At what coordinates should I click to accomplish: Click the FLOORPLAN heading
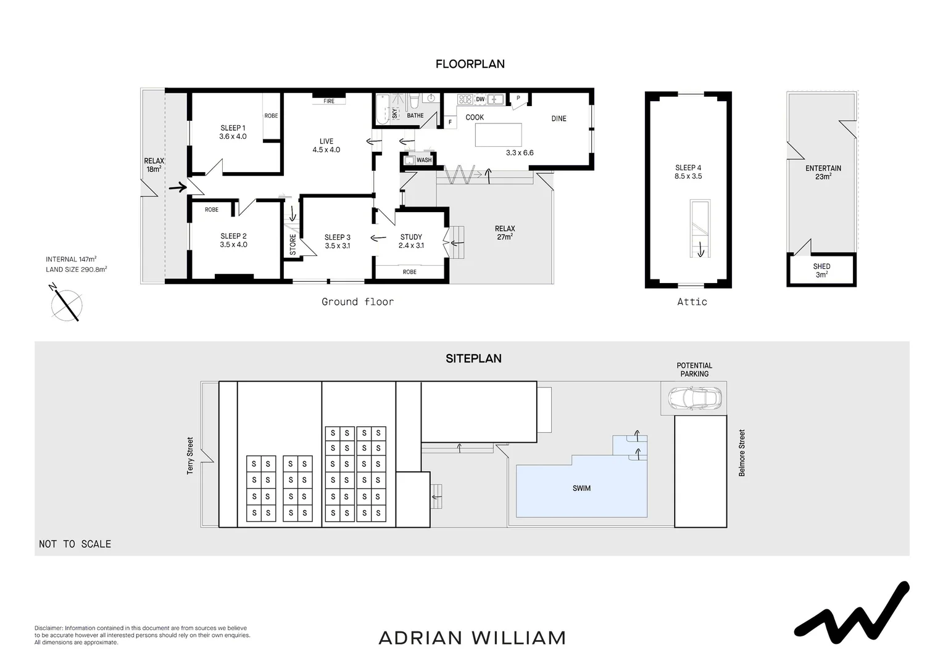470,64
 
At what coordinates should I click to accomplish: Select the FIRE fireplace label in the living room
329,101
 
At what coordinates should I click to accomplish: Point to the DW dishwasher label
480,99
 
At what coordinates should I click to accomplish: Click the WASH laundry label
424,160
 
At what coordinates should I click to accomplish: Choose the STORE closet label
293,244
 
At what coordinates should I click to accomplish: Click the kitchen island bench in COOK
498,135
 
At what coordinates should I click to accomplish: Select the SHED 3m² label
821,271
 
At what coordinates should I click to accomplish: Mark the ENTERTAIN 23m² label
823,172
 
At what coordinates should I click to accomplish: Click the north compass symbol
66,303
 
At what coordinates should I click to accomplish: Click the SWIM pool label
581,488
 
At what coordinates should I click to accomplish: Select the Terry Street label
190,456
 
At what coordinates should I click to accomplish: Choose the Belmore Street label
742,453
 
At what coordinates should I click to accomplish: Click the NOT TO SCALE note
75,544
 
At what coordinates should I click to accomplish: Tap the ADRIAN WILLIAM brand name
472,638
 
